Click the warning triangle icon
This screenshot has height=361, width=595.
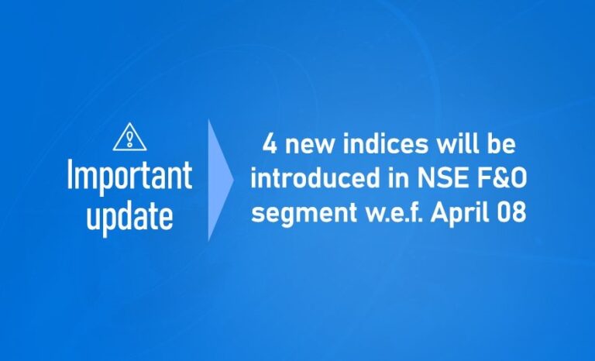(129, 138)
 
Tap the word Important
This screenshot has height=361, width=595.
(129, 177)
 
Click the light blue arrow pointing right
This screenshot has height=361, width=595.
(219, 180)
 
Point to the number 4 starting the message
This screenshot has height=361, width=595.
(270, 145)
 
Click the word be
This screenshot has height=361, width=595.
(502, 145)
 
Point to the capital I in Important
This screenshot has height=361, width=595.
(71, 176)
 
